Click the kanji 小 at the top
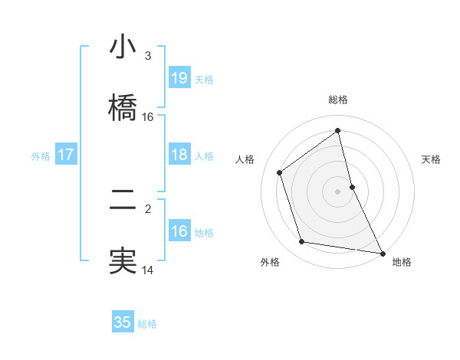coord(123,47)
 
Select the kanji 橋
coord(123,105)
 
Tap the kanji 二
coord(123,201)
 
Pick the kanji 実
coord(123,259)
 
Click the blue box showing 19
coord(179,77)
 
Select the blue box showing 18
coord(179,155)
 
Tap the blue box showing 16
coord(179,231)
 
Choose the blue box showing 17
coord(66,155)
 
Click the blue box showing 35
coord(123,322)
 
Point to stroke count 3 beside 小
coord(148,56)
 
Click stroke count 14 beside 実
coord(148,270)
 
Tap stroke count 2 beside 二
coord(148,207)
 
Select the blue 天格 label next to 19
coord(204,79)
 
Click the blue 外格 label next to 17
coord(41,156)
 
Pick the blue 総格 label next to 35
coord(147,324)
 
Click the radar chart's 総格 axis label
coord(338,100)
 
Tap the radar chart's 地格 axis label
coord(402,262)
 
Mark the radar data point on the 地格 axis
coord(382,252)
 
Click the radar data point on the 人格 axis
coord(279,172)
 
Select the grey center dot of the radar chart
coord(338,191)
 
